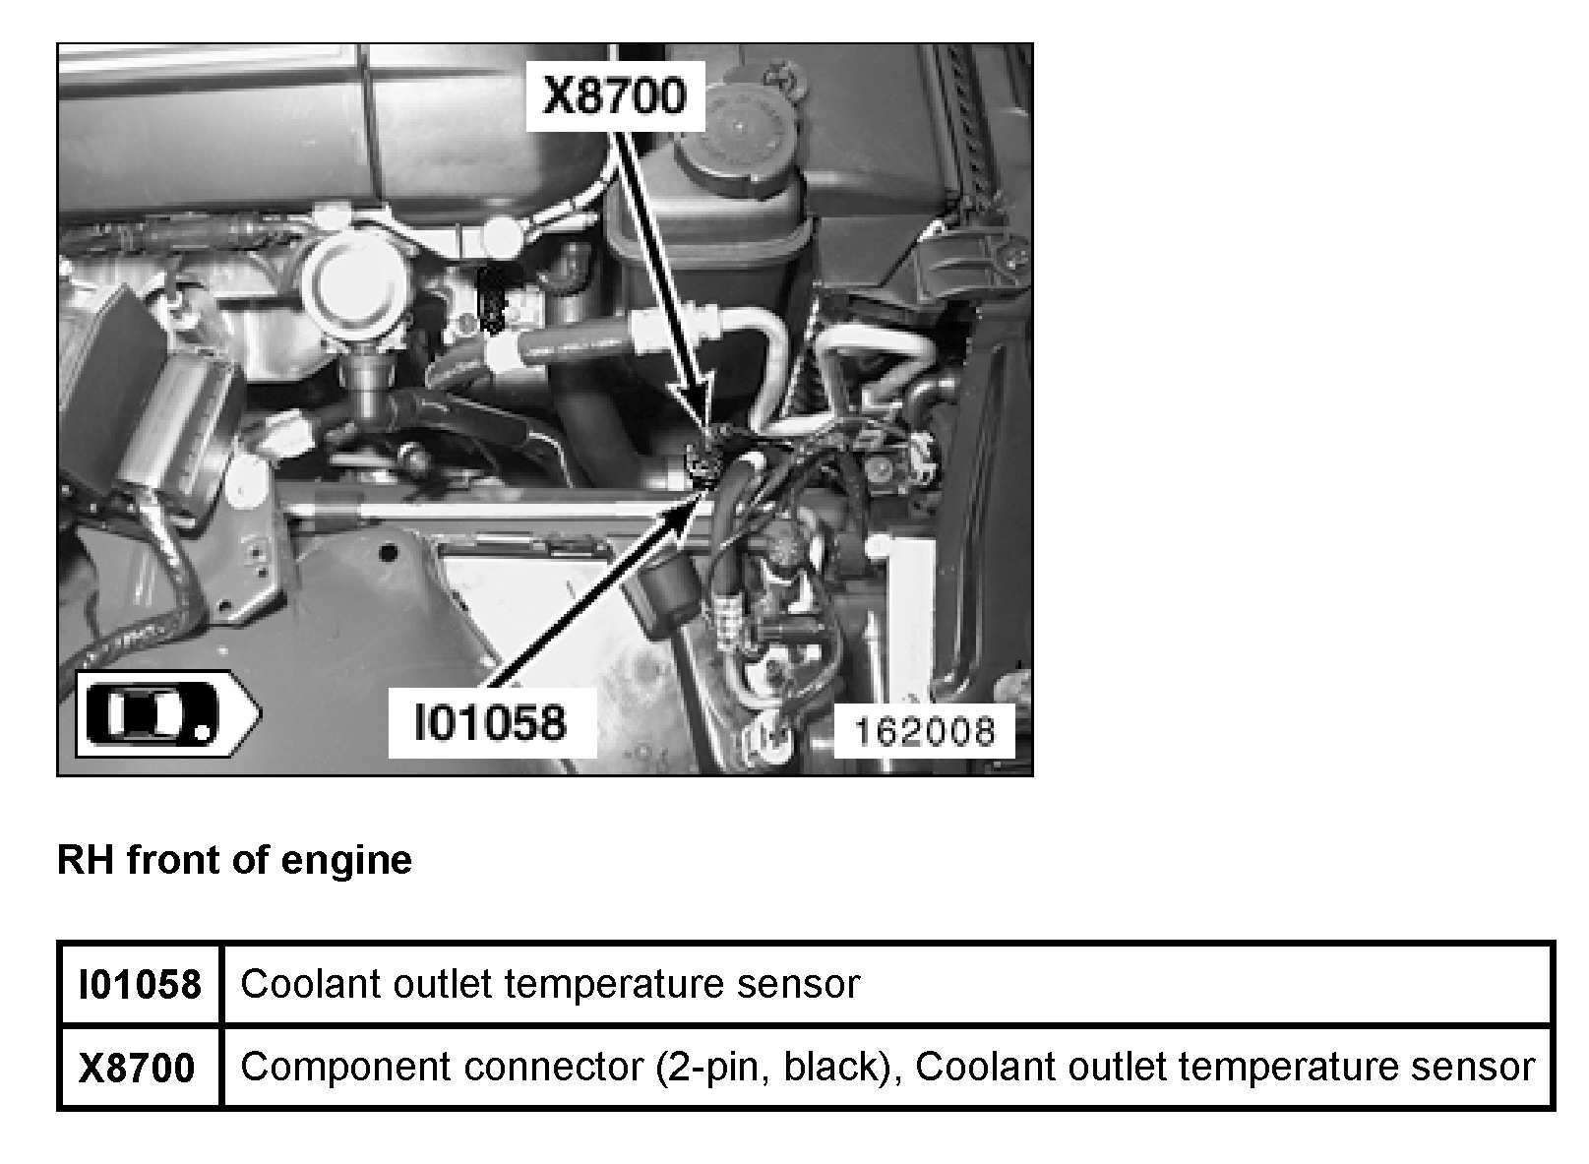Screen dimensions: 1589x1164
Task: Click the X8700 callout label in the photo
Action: coord(614,98)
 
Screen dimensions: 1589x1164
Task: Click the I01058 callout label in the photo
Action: coord(491,722)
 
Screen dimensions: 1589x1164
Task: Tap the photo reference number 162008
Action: coord(923,731)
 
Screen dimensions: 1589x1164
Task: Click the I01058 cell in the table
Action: coord(140,984)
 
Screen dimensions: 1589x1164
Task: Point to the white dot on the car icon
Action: coord(202,730)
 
